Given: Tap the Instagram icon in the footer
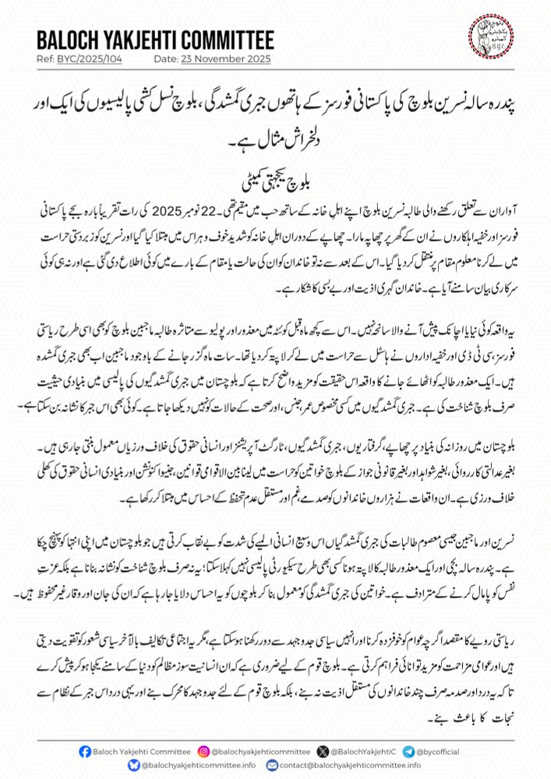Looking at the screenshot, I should click(x=203, y=751).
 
